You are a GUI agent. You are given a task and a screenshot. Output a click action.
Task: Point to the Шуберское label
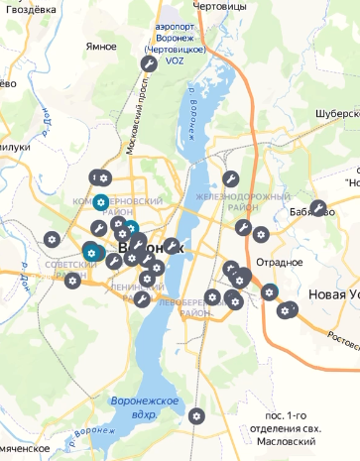pos(330,112)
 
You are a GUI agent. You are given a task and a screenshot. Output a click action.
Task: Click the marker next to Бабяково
pos(317,208)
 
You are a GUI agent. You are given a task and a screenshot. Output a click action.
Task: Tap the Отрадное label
pos(279,262)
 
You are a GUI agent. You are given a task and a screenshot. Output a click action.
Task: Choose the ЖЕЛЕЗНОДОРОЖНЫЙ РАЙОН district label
pos(227,202)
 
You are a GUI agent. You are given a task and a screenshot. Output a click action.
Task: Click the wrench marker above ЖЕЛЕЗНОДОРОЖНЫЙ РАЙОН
pos(230,179)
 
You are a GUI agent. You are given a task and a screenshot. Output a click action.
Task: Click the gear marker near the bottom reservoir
pos(196,414)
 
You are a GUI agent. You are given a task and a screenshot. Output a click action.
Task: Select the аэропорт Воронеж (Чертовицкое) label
pos(175,39)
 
